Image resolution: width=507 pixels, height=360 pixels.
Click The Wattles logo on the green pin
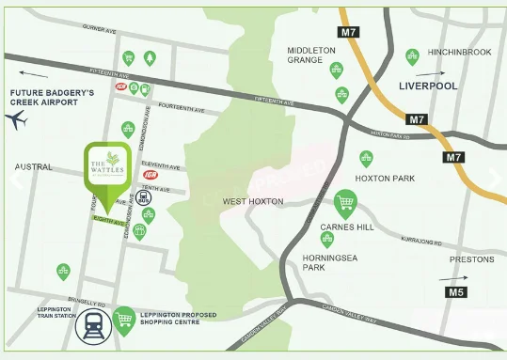tap(106, 167)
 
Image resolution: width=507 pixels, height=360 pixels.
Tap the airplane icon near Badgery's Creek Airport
tap(17, 120)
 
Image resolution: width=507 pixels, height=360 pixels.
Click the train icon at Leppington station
tap(94, 324)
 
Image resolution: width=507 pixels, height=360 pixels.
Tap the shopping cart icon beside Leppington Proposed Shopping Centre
tap(124, 322)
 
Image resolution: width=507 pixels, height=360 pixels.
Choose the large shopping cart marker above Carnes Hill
tap(346, 202)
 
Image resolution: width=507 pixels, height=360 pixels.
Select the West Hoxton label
tap(252, 201)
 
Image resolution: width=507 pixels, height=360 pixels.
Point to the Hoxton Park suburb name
tap(379, 178)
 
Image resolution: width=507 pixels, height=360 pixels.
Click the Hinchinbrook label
tap(459, 53)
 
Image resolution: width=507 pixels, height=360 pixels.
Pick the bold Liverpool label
tap(427, 86)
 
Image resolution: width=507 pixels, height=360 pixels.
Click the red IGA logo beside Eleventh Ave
tap(150, 175)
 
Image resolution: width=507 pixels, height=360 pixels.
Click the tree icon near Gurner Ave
tap(151, 58)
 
